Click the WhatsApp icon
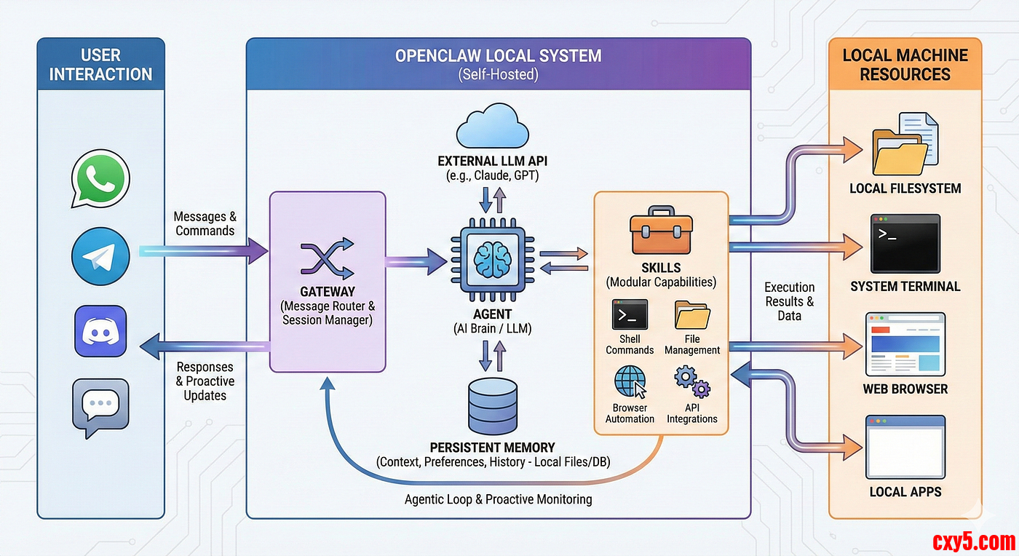coord(100,179)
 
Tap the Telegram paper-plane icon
coord(100,255)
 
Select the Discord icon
coord(100,331)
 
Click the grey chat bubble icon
coord(100,406)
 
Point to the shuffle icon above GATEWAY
coord(327,258)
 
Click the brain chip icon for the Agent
coord(483,258)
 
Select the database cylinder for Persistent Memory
coord(493,406)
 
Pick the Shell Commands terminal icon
coord(630,315)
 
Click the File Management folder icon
coord(691,315)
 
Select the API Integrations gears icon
coord(691,381)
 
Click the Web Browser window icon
coord(905,343)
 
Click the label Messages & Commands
coord(205,223)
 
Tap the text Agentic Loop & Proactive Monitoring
coord(498,499)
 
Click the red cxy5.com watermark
coord(973,541)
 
